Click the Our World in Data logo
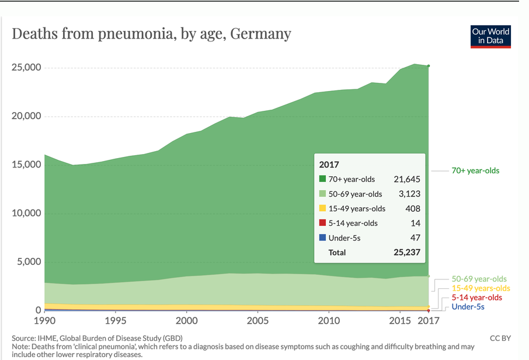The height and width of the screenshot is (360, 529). click(491, 36)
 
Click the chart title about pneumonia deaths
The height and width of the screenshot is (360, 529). click(151, 33)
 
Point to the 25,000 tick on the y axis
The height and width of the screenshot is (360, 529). click(26, 68)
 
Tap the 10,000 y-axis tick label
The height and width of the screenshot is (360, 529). click(26, 213)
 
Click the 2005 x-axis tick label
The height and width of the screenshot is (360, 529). click(257, 321)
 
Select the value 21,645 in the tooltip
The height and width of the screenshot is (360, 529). click(407, 179)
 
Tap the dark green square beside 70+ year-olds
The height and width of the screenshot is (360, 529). click(322, 179)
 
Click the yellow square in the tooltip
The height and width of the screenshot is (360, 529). click(322, 208)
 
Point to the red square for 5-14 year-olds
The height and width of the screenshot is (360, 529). click(322, 223)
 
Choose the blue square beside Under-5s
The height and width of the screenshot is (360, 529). click(322, 237)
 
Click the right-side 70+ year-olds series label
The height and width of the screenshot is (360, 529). click(476, 171)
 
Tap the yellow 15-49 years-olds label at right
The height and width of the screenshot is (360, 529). click(481, 288)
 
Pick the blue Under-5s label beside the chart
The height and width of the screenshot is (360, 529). click(468, 307)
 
